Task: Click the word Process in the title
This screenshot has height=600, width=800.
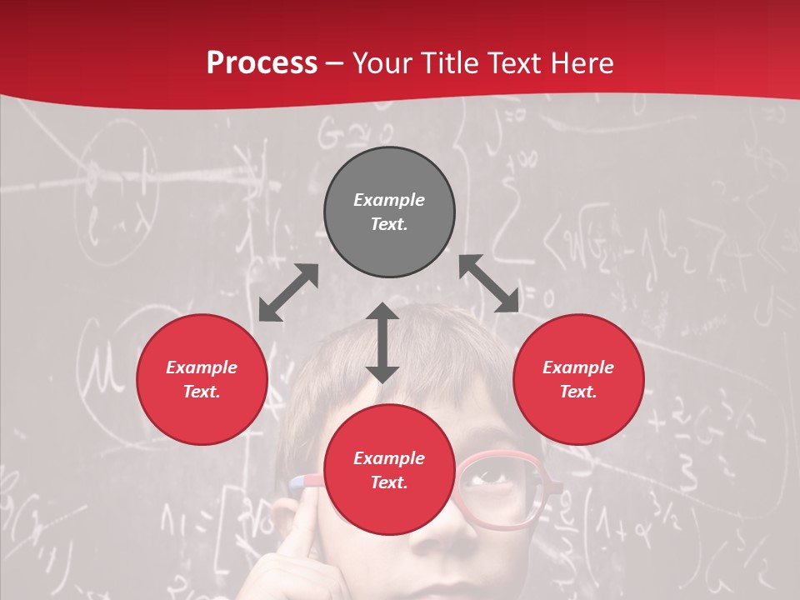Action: click(x=262, y=63)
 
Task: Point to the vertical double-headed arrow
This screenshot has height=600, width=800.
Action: click(x=382, y=342)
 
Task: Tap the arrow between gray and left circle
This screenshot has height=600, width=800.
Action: click(x=288, y=292)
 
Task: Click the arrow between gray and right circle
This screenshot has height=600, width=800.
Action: click(x=489, y=283)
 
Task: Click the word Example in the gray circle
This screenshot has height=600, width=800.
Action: click(x=389, y=200)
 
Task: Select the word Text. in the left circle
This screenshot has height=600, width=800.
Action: click(x=202, y=392)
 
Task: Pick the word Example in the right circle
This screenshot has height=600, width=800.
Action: click(x=578, y=367)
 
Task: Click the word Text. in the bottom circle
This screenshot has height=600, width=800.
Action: click(x=389, y=482)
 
